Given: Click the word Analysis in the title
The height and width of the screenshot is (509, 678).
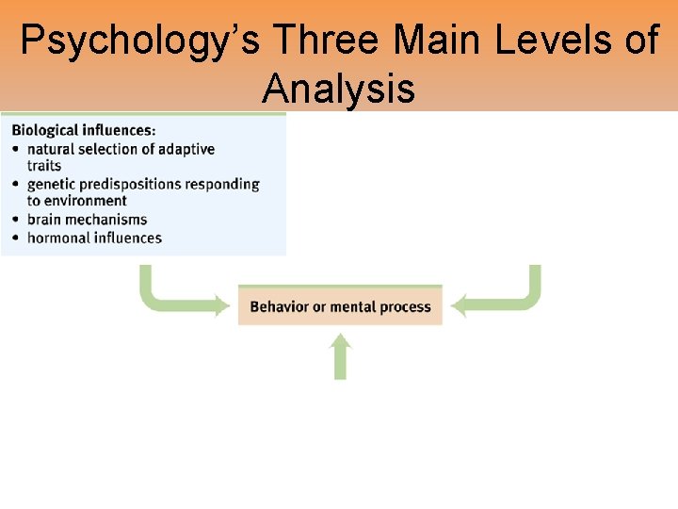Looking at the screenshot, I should pos(338,89).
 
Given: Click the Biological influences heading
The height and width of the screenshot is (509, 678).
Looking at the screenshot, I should pos(84,130).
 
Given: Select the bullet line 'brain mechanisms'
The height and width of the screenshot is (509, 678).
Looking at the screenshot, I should pos(87,220).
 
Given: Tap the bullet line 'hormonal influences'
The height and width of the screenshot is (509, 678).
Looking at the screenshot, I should pos(94,238).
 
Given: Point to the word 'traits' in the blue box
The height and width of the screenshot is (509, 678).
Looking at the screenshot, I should pos(43,166).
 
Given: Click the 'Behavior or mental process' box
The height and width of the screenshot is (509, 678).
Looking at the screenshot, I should pos(340,306).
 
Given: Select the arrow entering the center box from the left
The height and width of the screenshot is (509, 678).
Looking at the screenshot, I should pos(179,300).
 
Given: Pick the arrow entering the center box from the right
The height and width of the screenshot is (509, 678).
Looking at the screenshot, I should pos(499,300).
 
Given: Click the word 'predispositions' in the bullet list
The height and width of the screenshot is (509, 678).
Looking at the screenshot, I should pos(137,184).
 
